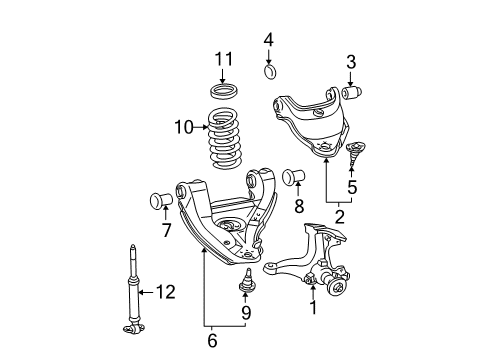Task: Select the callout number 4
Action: click(268, 40)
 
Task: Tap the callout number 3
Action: click(351, 62)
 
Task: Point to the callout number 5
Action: click(352, 187)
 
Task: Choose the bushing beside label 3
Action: click(350, 94)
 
